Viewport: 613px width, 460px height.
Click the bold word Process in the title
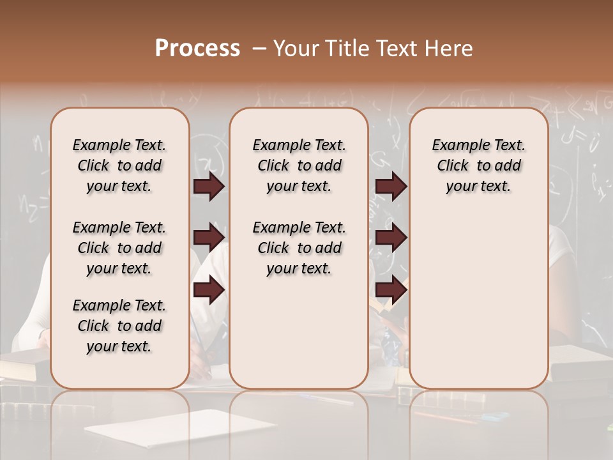(197, 49)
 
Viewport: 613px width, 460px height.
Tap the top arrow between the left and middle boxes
(209, 187)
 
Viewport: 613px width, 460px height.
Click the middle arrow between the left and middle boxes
(209, 238)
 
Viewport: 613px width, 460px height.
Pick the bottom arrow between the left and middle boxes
(209, 289)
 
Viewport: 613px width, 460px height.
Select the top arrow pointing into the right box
(391, 187)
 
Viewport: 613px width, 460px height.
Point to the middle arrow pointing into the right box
(391, 238)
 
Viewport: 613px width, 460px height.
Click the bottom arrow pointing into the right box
(391, 289)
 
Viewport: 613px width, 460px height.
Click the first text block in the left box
(119, 165)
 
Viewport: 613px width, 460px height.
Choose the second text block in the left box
(119, 248)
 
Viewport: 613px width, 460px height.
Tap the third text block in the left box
(119, 326)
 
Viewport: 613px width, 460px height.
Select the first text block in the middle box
(299, 165)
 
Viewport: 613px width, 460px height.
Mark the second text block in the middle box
(299, 248)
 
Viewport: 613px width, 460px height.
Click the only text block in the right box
(478, 165)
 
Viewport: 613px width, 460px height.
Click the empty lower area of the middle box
(299, 332)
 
